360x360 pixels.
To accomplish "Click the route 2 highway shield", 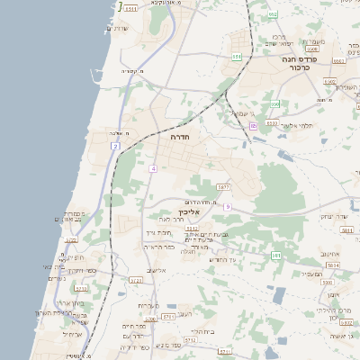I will (x=116, y=145).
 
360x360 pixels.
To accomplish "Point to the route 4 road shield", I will (x=154, y=168).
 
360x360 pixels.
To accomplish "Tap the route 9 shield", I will (x=228, y=207).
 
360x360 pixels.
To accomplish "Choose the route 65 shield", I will (x=254, y=126).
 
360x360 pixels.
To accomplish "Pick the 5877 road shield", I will (x=223, y=186).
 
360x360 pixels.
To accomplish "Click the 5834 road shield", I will (x=333, y=266).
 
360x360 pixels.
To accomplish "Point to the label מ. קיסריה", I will (x=132, y=71).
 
